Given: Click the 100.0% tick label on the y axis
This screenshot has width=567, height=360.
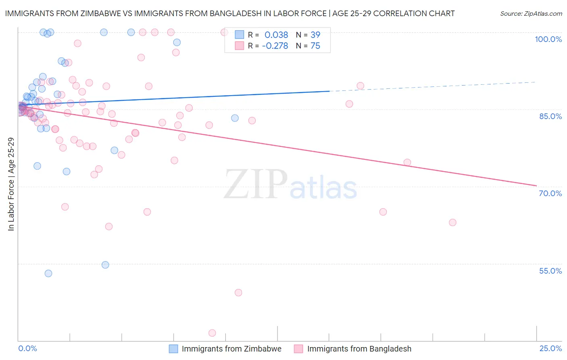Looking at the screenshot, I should pos(548,39).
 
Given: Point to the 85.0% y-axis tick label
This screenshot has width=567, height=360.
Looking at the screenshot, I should pos(550,116).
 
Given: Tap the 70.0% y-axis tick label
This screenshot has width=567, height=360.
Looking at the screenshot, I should pos(550,193).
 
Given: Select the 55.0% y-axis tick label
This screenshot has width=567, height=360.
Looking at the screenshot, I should pos(550,271).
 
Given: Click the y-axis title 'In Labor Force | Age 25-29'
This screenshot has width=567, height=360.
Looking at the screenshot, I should pos(11,184).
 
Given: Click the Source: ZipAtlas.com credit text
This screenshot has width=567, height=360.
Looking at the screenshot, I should pos(531,13).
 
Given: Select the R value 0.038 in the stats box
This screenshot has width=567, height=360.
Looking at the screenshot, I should pos(276,35).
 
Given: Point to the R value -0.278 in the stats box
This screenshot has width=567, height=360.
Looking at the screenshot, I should pos(275,46).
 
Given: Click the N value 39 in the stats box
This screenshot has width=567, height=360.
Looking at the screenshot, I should pos(315,35).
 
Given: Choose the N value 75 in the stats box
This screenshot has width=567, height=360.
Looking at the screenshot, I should pos(315,46).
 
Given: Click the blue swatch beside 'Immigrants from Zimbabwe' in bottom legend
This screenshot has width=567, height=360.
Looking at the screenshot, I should pos(173,349).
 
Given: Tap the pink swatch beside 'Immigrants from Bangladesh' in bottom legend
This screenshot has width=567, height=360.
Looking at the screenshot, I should pos(298,349).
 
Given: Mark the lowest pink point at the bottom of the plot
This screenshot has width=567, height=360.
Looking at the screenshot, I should pos(212,333).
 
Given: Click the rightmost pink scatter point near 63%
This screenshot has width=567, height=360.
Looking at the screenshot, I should pos(452,222).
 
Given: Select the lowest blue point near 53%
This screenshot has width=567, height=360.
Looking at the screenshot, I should pos(48,273).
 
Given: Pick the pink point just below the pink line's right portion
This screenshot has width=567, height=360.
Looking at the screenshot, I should pos(407,163).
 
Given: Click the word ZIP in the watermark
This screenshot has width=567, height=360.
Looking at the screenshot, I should pos(256,185).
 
